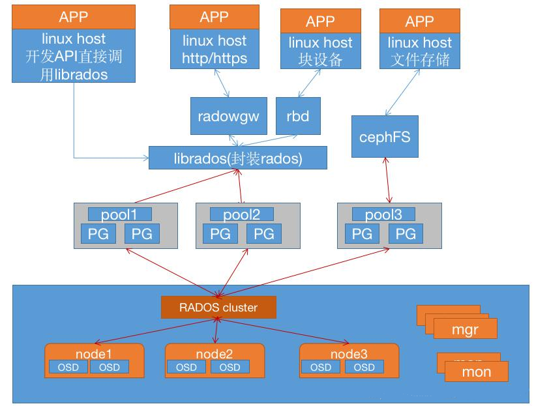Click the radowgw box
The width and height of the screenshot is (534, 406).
coord(228,117)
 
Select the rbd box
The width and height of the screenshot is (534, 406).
coord(297,117)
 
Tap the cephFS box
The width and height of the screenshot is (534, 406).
coord(384,137)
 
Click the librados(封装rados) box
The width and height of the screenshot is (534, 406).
coord(237,158)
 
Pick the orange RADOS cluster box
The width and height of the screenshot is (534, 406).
coord(218,308)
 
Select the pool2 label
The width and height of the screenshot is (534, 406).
coord(242,214)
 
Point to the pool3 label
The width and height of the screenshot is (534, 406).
coord(383,214)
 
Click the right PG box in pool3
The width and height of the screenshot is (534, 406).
coord(406,233)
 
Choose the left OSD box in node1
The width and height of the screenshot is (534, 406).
coord(68,367)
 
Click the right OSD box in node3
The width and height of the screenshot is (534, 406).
coord(364,367)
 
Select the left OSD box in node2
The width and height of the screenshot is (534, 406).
coord(186,367)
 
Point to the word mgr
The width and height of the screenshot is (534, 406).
coord(464,330)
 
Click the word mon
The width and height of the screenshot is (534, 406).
coord(476,373)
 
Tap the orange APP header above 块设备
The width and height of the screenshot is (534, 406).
coord(320,22)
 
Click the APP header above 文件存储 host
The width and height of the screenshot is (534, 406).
coord(419,21)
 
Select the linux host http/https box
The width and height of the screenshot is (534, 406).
coord(215,50)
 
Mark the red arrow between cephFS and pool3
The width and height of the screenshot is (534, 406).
coord(389,180)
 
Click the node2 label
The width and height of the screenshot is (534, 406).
coord(215,354)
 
